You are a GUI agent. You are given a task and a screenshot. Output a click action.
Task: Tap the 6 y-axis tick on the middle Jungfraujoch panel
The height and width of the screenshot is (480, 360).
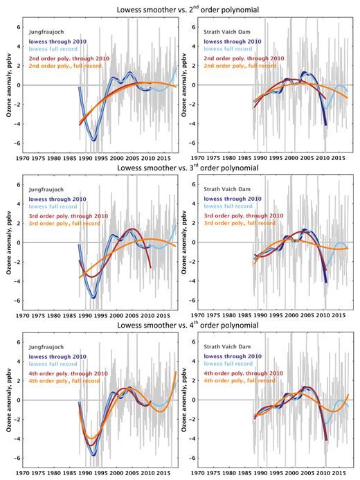[18, 185]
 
